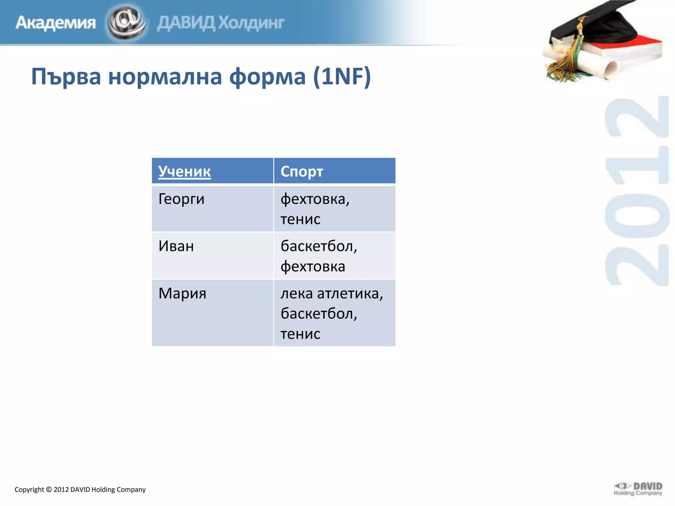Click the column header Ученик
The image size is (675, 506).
coord(184,171)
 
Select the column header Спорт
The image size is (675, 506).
coord(302,171)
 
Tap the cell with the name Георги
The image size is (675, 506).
coord(181,199)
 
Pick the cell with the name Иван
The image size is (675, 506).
coord(176,246)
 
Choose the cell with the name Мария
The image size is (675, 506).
coord(182,293)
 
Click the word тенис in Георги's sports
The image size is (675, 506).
coord(300,219)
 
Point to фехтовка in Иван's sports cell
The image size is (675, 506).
coord(312,267)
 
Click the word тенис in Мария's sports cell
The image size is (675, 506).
coord(300,334)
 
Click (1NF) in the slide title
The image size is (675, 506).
coord(342,76)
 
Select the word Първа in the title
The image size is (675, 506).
coord(66,76)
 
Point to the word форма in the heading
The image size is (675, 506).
coord(267,76)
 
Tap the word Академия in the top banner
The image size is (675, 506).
coord(55,23)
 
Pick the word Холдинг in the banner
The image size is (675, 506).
coord(251,23)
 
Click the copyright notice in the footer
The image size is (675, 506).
coord(80,490)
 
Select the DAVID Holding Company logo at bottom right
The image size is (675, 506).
coord(638,489)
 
